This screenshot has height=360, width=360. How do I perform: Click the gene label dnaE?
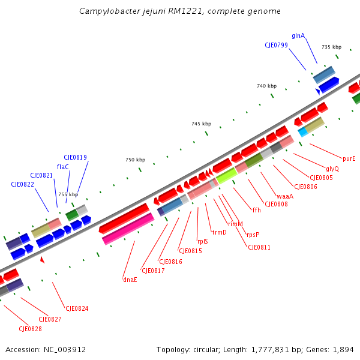pyautogui.click(x=130, y=280)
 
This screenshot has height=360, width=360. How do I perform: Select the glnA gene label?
pyautogui.click(x=298, y=35)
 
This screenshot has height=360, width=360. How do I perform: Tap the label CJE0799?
pyautogui.click(x=276, y=45)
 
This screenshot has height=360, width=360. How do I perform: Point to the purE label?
pyautogui.click(x=349, y=159)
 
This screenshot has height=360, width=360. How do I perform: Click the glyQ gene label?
pyautogui.click(x=332, y=169)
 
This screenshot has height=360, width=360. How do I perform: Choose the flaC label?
pyautogui.click(x=62, y=167)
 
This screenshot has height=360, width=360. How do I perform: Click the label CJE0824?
pyautogui.click(x=77, y=308)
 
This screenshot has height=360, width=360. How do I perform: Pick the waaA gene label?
pyautogui.click(x=285, y=196)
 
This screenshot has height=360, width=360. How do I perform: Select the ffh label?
pyautogui.click(x=256, y=210)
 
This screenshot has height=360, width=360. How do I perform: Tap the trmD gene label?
pyautogui.click(x=219, y=232)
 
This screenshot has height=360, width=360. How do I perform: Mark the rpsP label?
pyautogui.click(x=253, y=235)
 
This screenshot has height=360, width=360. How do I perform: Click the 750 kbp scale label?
pyautogui.click(x=135, y=160)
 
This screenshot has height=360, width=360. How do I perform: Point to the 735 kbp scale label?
pyautogui.click(x=331, y=47)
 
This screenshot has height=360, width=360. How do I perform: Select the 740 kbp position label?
pyautogui.click(x=266, y=86)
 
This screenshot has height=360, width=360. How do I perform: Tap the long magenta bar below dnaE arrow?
pyautogui.click(x=128, y=230)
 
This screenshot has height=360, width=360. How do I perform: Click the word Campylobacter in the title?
pyautogui.click(x=108, y=11)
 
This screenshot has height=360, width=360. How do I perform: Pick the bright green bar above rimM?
pyautogui.click(x=227, y=176)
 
